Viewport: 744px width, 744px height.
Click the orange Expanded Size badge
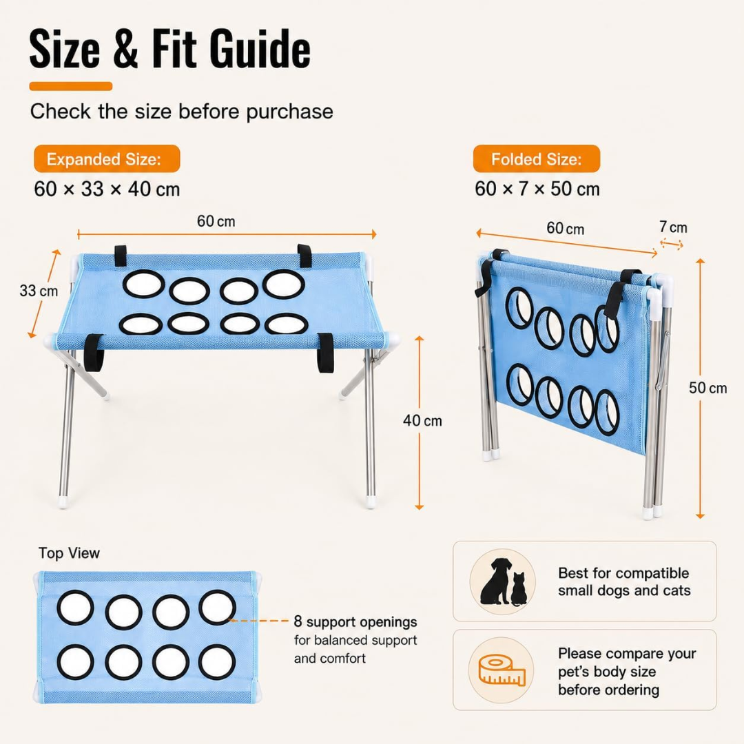coord(107,158)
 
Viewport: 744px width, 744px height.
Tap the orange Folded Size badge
coord(536,158)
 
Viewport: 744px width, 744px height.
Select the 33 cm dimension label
coord(39,291)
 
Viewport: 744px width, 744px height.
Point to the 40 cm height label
coord(422,420)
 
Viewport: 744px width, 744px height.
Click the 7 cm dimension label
coord(673,227)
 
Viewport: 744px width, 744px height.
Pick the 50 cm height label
coord(708,388)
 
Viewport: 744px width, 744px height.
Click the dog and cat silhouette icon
coord(502,581)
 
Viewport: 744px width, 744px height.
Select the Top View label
coord(70,552)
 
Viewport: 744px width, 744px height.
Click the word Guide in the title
coord(260,48)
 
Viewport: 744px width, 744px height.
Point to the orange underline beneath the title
coord(71,86)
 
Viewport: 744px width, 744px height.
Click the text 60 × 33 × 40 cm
coord(107,189)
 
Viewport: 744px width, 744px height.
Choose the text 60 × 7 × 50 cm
coord(537,189)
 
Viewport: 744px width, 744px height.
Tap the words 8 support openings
coord(355,621)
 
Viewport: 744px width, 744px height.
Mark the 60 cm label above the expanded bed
coord(216,221)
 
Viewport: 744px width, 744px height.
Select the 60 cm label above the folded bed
coord(565,228)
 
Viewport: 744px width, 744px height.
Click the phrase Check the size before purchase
coord(182,112)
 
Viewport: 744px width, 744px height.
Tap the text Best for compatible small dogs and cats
coord(624,581)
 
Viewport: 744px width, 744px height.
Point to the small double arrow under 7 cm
coord(672,245)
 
